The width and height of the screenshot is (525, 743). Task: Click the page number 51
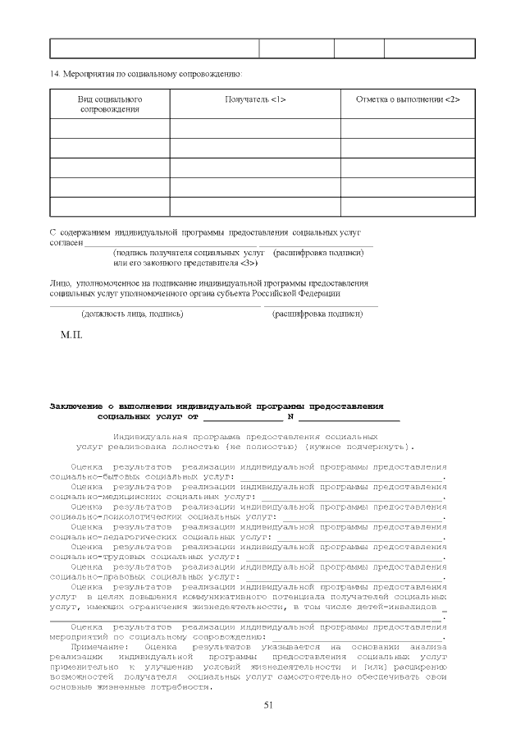point(267,705)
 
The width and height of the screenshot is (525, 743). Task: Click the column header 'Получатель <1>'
point(255,99)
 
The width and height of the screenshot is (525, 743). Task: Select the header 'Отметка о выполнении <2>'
point(408,99)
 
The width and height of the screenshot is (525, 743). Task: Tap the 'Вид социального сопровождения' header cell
point(110,103)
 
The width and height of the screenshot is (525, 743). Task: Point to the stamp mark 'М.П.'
point(71,335)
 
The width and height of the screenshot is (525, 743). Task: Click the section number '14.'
point(55,75)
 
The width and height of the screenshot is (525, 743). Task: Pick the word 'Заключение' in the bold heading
point(75,406)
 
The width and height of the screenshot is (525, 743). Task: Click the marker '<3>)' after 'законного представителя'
point(249,264)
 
